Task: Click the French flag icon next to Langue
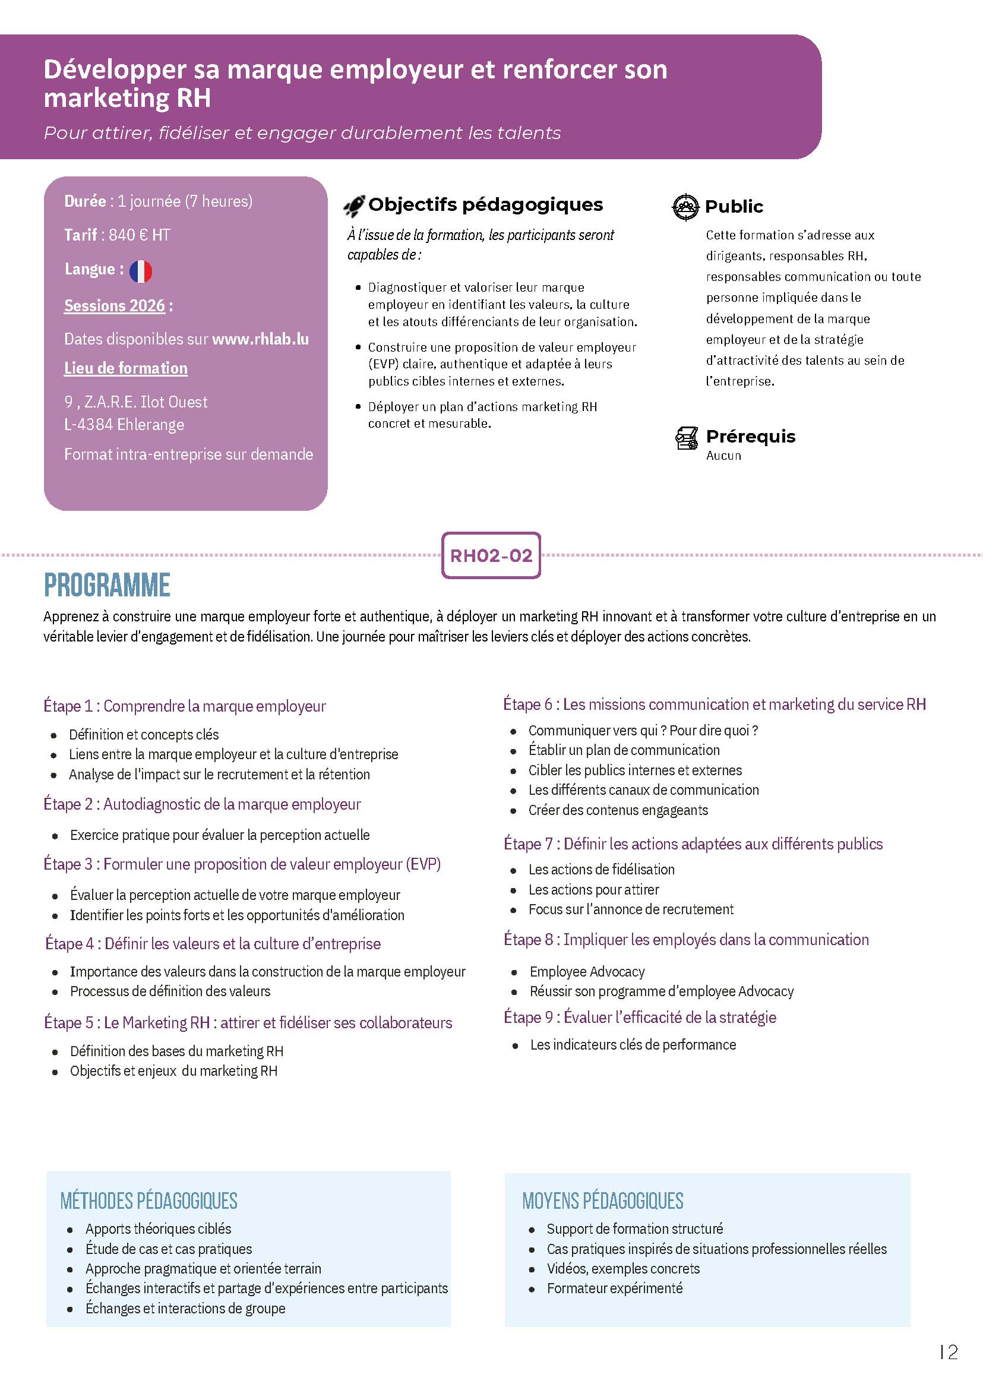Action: [140, 271]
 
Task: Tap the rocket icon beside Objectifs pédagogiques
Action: [354, 206]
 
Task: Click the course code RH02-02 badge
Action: [491, 555]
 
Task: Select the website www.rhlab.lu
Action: [260, 339]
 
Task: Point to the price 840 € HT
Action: [139, 235]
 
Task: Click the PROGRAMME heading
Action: [107, 585]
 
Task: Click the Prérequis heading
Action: [751, 436]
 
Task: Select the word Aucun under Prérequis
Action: [723, 455]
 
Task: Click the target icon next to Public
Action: [685, 207]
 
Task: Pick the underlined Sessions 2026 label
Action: [115, 306]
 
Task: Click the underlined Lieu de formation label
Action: [126, 368]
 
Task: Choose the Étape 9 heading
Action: [640, 1017]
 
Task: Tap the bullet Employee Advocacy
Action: [587, 972]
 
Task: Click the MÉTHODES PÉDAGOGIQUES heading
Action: [149, 1201]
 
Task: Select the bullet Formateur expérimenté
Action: [614, 1288]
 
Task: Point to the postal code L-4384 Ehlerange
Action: [124, 424]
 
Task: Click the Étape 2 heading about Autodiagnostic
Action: [202, 804]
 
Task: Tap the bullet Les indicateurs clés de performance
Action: [633, 1044]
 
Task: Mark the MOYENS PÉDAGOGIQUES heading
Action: [603, 1201]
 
